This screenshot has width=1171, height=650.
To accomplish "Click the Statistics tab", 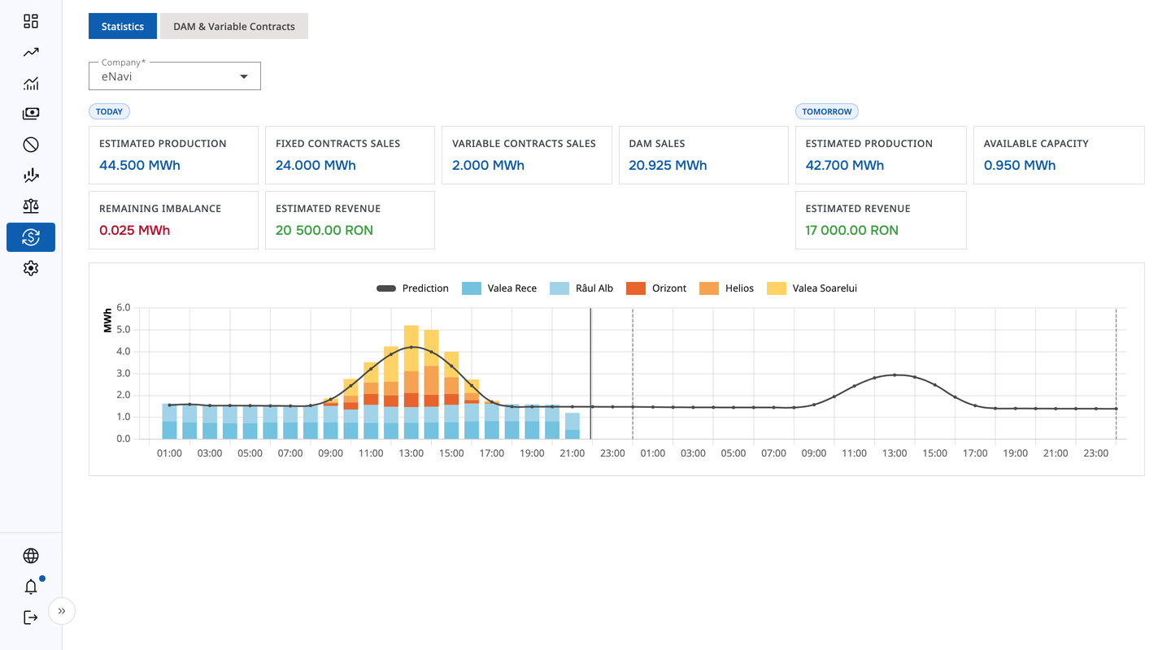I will point(123,26).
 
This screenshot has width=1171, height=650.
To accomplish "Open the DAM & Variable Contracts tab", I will point(234,26).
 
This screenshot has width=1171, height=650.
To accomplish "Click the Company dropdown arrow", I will point(244,76).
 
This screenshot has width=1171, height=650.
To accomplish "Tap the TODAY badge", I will point(109,111).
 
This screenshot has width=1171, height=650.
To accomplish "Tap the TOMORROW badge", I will point(827,111).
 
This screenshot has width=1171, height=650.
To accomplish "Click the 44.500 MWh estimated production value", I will point(140,165).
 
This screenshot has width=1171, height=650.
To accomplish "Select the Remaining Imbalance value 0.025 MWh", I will point(135,230).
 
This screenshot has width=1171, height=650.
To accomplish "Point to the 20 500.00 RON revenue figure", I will point(324,230).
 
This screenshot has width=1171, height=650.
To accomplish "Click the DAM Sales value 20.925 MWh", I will point(668,165).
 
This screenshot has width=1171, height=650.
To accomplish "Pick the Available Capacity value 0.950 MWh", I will point(1020,165).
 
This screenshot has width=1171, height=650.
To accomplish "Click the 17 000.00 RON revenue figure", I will point(852,230).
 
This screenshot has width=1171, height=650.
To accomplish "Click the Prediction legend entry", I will point(413,288).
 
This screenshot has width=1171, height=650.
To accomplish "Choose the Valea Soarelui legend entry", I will point(812,288).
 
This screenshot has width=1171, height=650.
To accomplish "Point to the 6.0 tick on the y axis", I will point(124,308).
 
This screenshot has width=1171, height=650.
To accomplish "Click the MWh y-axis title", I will point(107,320).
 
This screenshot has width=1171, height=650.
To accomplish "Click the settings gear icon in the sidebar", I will point(31,268).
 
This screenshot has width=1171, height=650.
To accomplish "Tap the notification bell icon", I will point(31,587).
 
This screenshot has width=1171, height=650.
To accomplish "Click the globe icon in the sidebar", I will point(31,556).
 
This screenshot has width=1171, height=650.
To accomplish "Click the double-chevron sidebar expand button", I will point(62,611).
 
